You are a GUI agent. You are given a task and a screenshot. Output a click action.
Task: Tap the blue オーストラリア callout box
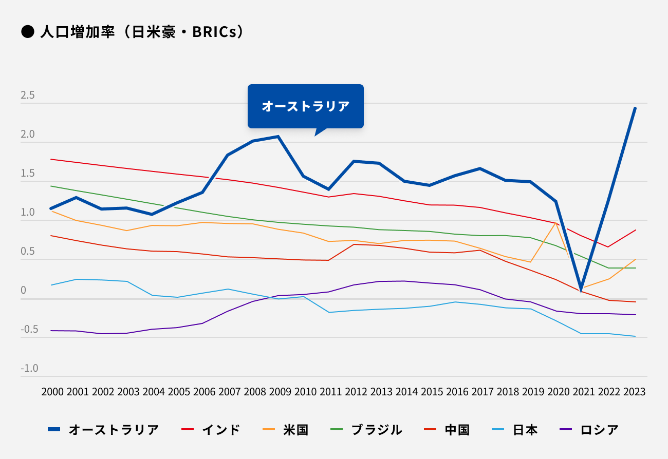[x=305, y=106]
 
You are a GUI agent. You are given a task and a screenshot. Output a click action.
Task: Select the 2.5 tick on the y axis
[x=28, y=95]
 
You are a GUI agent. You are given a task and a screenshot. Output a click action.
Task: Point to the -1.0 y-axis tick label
[x=29, y=368]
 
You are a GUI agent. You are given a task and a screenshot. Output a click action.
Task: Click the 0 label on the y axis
[x=23, y=290]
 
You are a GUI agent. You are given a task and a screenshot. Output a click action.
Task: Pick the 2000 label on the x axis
[x=52, y=392]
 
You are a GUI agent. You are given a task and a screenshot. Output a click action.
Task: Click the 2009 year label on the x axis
[x=280, y=392]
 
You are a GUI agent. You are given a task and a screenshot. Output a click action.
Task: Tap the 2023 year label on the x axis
[x=635, y=392]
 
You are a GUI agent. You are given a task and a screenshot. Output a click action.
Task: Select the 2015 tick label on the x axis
[x=432, y=392]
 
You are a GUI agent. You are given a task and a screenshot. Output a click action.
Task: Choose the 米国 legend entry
[x=286, y=430]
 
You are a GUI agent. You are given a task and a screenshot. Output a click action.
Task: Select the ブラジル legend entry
[x=366, y=430]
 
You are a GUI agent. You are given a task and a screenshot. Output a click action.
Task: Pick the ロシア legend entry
[x=589, y=430]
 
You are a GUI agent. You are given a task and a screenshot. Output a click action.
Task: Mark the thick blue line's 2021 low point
[x=581, y=290]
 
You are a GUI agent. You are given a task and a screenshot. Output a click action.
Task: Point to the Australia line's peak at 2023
[x=635, y=108]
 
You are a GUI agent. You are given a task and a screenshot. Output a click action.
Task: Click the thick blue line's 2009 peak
[x=278, y=137]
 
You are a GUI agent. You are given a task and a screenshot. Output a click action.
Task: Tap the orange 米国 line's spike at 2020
[x=555, y=223]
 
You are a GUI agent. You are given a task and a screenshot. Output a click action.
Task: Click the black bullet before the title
[x=27, y=32]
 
